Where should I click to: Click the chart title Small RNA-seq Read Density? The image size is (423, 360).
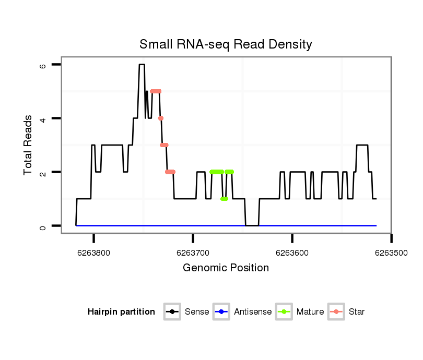pyautogui.click(x=226, y=44)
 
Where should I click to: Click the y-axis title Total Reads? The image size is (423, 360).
pyautogui.click(x=28, y=145)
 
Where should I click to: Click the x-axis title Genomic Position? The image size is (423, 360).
pyautogui.click(x=226, y=268)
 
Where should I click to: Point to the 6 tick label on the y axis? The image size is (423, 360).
pyautogui.click(x=43, y=65)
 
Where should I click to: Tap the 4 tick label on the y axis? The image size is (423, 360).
pyautogui.click(x=43, y=118)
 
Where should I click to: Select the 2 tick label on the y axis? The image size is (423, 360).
pyautogui.click(x=43, y=172)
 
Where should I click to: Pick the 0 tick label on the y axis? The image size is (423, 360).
pyautogui.click(x=43, y=226)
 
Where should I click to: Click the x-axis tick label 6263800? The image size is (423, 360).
pyautogui.click(x=94, y=253)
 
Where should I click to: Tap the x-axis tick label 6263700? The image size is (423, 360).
pyautogui.click(x=193, y=253)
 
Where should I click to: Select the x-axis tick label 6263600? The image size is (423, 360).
pyautogui.click(x=292, y=253)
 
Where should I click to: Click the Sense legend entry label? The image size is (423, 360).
pyautogui.click(x=197, y=312)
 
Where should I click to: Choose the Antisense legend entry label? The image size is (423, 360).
pyautogui.click(x=253, y=312)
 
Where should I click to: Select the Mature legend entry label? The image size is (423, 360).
pyautogui.click(x=310, y=312)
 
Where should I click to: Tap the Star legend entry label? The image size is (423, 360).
pyautogui.click(x=357, y=312)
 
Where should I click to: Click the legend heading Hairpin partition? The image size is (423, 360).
pyautogui.click(x=121, y=312)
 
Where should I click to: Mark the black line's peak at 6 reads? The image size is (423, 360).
pyautogui.click(x=142, y=65)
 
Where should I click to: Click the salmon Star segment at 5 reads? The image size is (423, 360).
pyautogui.click(x=156, y=91)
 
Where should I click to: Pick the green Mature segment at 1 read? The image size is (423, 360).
pyautogui.click(x=224, y=199)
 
